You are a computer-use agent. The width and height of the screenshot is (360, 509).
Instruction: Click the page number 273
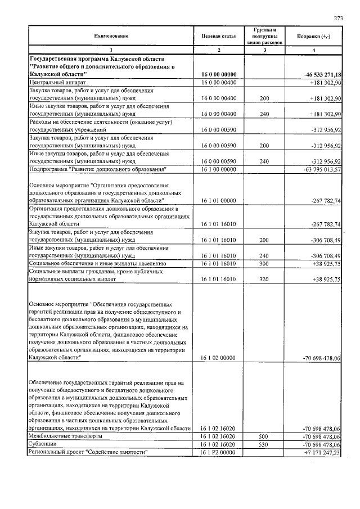point(338,19)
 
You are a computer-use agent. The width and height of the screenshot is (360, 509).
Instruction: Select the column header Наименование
point(111,36)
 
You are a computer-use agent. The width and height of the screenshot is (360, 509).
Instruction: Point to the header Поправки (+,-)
point(314,36)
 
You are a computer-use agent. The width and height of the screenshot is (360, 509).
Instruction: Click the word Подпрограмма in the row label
point(51,169)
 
